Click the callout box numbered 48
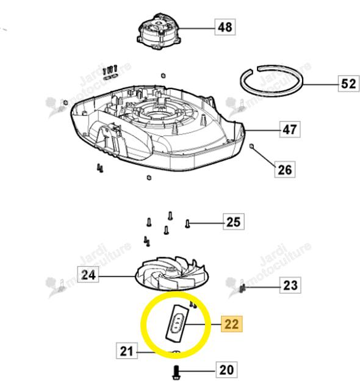[225, 27]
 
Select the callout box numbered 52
[348, 84]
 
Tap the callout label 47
[290, 129]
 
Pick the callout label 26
[285, 170]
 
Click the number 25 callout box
[234, 222]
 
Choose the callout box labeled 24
[88, 275]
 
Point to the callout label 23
[290, 285]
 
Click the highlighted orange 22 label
[232, 324]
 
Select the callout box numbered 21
[126, 351]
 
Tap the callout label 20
[226, 370]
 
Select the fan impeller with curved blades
[172, 273]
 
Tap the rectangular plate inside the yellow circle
[177, 324]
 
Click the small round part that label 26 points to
[251, 146]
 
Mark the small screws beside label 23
[243, 288]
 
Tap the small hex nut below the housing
[149, 178]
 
